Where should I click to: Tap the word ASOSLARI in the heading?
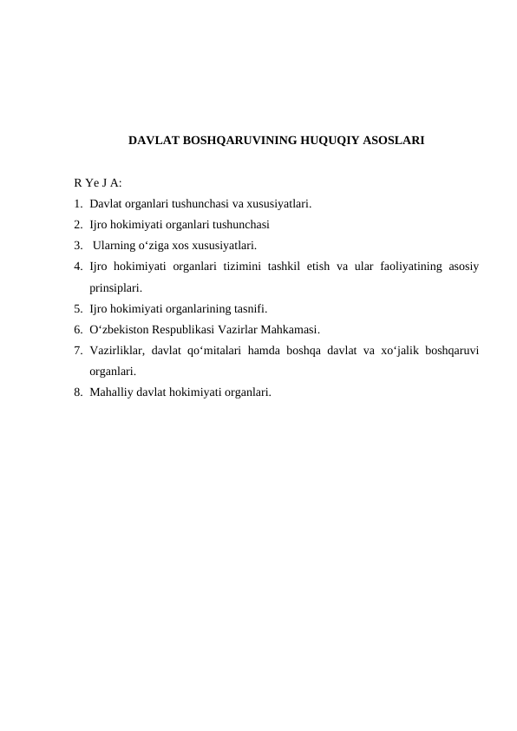coord(389,139)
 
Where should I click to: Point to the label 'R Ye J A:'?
coord(98,184)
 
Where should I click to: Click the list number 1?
coord(78,205)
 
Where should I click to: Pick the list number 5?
coord(78,308)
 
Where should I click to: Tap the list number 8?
coord(78,392)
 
